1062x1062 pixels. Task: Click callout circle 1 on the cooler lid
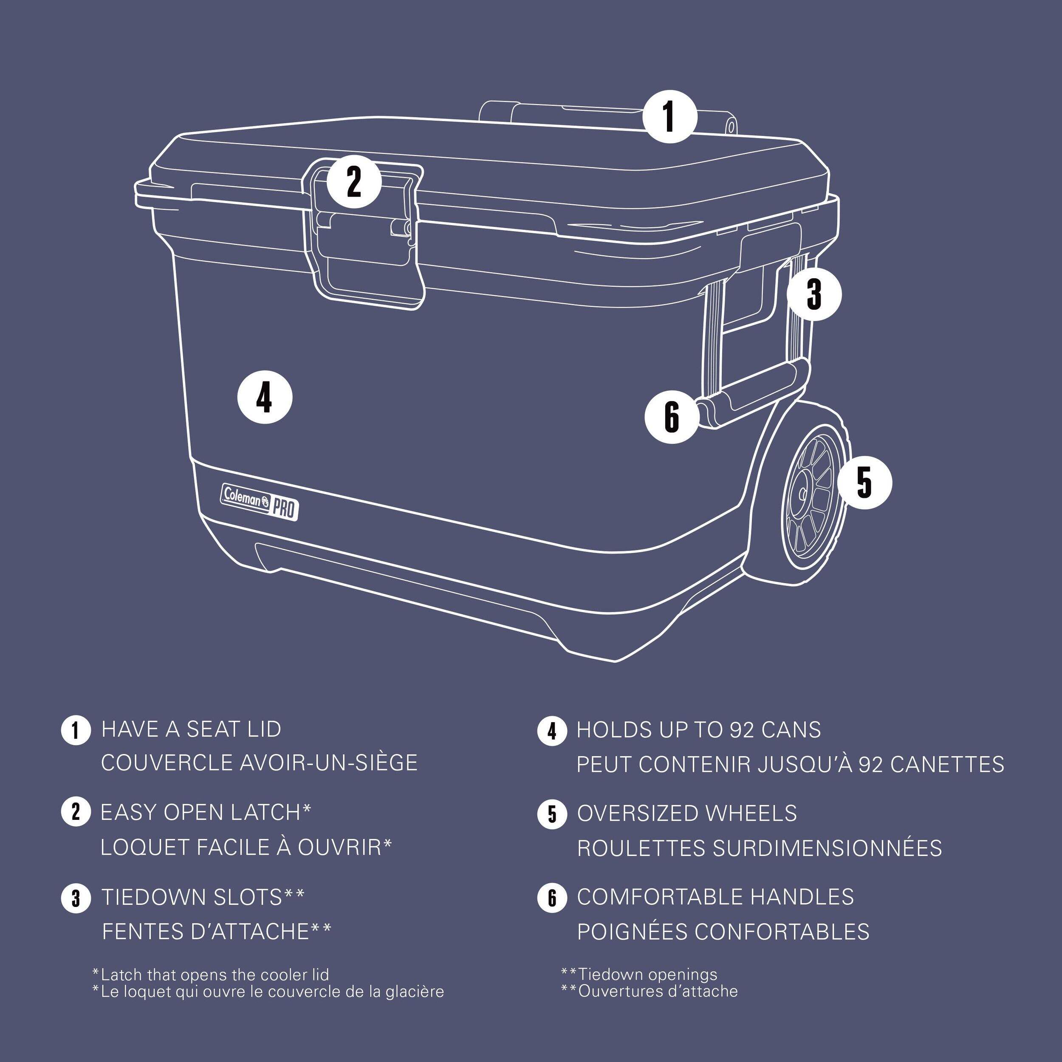click(669, 116)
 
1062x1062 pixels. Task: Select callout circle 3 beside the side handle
click(813, 294)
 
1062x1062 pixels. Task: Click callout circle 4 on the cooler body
click(264, 398)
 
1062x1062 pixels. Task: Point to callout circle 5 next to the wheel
click(864, 482)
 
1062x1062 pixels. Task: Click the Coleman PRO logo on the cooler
click(260, 500)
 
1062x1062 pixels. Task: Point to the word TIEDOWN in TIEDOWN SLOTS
click(153, 897)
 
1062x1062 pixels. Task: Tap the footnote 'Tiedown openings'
click(647, 974)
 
